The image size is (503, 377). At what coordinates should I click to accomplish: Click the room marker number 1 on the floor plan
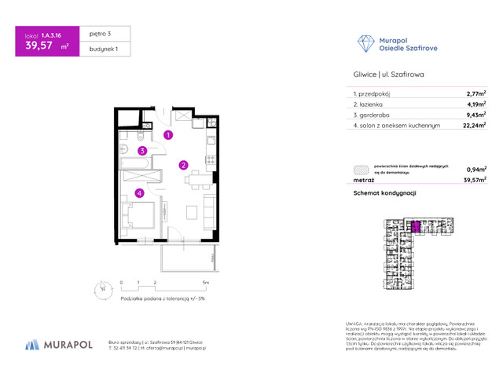[x=167, y=135]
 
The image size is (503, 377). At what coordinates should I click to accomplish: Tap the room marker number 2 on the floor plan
[x=182, y=165]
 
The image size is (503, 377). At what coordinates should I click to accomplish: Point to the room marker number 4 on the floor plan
[x=139, y=192]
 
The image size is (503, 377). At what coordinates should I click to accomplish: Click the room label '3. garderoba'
[x=373, y=114]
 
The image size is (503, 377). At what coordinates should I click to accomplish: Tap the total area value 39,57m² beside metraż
[x=475, y=180]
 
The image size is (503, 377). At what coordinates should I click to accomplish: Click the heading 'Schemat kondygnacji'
[x=384, y=193]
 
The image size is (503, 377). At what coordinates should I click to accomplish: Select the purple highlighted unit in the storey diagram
[x=416, y=226]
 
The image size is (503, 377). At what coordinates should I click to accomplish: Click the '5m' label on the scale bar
[x=206, y=281]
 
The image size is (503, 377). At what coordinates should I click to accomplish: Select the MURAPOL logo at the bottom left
[x=59, y=345]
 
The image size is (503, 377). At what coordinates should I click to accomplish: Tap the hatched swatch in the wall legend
[x=361, y=169]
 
